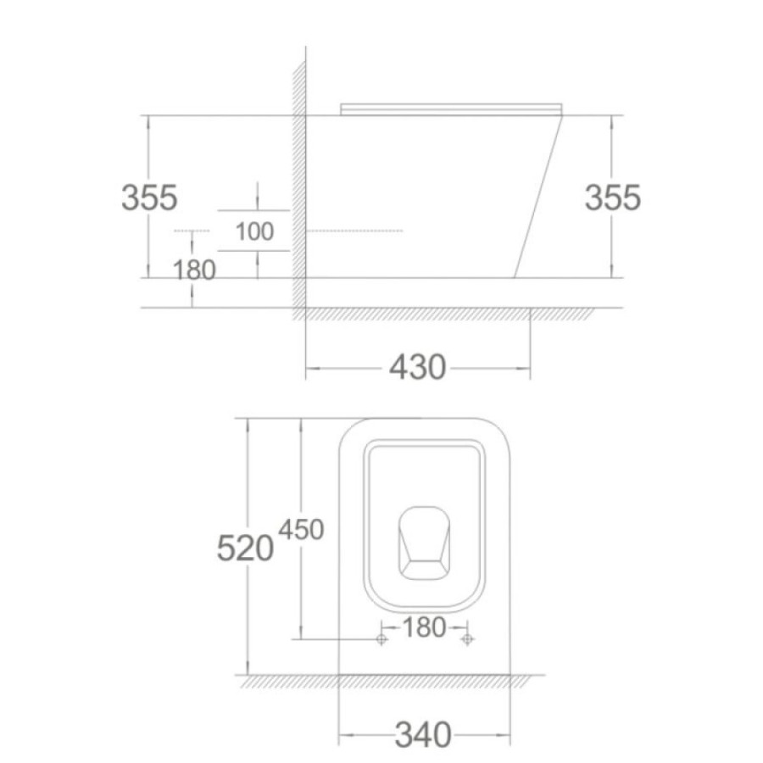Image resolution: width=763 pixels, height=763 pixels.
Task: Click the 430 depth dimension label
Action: tap(417, 367)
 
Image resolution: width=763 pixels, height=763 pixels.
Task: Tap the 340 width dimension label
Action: tap(423, 735)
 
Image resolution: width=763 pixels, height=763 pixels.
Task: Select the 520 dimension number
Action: tap(245, 549)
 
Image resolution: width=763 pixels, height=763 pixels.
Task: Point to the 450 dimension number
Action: tap(301, 529)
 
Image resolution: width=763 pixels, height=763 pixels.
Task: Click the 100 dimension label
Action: tap(254, 231)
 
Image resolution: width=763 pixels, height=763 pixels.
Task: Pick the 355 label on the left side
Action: tap(149, 198)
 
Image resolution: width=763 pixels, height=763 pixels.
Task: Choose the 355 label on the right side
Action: tap(613, 198)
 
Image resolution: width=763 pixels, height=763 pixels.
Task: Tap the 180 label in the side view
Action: tap(194, 270)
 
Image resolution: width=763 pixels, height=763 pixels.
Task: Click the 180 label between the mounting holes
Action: tap(424, 627)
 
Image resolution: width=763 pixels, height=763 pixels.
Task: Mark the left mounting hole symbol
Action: tap(381, 639)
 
